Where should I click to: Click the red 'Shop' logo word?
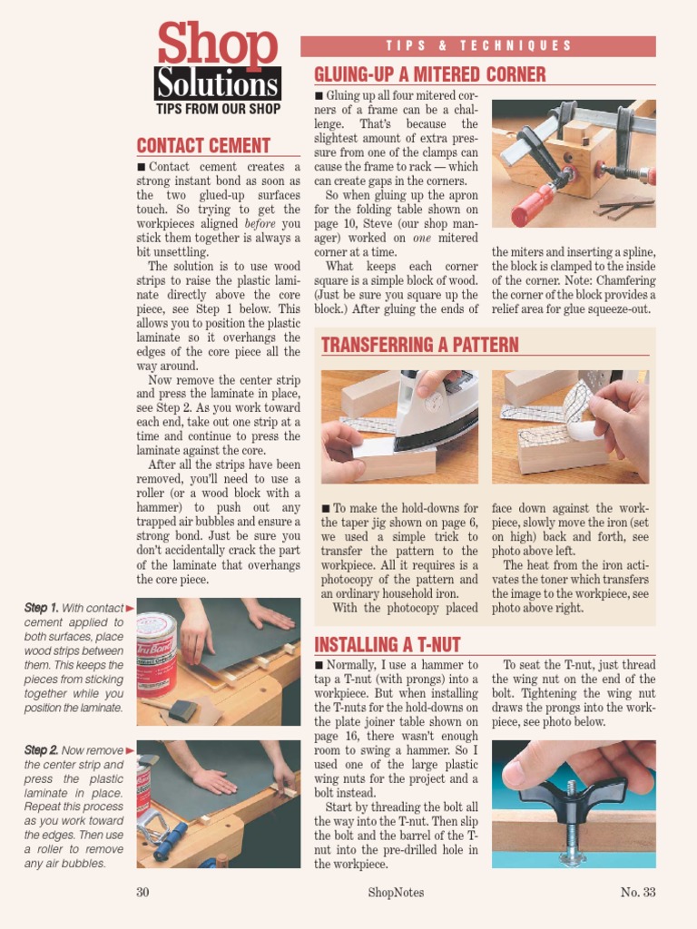pyautogui.click(x=218, y=45)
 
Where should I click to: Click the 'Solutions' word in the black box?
pyautogui.click(x=217, y=84)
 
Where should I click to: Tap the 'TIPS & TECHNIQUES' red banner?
pyautogui.click(x=478, y=46)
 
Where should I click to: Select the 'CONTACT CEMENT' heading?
pyautogui.click(x=203, y=146)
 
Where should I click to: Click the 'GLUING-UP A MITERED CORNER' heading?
pyautogui.click(x=429, y=74)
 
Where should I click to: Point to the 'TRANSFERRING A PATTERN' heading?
pyautogui.click(x=420, y=345)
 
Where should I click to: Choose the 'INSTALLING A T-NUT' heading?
pyautogui.click(x=388, y=645)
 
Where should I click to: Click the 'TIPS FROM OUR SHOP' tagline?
pyautogui.click(x=218, y=109)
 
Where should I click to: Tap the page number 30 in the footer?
pyautogui.click(x=142, y=892)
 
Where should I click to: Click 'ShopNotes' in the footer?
pyautogui.click(x=396, y=892)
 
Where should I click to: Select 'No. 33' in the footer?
pyautogui.click(x=638, y=892)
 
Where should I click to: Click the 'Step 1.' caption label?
pyautogui.click(x=42, y=608)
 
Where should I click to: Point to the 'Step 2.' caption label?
pyautogui.click(x=42, y=750)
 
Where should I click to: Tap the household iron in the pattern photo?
pyautogui.click(x=436, y=413)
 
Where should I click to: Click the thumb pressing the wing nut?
pyautogui.click(x=535, y=767)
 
